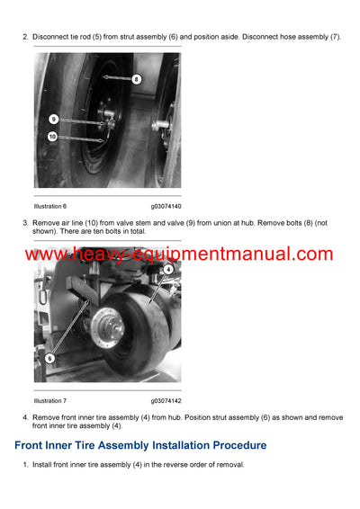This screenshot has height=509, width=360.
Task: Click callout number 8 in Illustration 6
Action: pyautogui.click(x=136, y=79)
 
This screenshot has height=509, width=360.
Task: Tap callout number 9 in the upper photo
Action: pyautogui.click(x=54, y=119)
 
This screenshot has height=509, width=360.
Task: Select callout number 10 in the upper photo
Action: pyautogui.click(x=53, y=137)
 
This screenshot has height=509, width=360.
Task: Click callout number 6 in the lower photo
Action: pyautogui.click(x=50, y=357)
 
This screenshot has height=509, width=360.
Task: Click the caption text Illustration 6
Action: pyautogui.click(x=50, y=207)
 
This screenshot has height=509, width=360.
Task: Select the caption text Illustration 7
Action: pyautogui.click(x=50, y=400)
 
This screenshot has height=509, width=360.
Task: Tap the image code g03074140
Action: pyautogui.click(x=166, y=207)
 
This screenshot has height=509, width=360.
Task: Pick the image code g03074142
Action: pyautogui.click(x=166, y=400)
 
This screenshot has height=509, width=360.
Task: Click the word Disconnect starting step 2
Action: pyautogui.click(x=50, y=36)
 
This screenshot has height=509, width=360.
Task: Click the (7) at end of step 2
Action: pyautogui.click(x=335, y=36)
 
